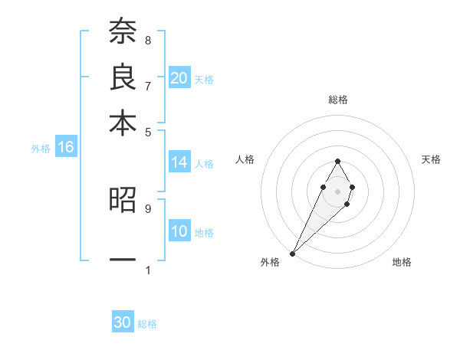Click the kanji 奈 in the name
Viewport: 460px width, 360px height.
123,33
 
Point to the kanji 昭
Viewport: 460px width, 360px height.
123,201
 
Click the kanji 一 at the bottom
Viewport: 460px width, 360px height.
123,260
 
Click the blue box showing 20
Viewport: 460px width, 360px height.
179,78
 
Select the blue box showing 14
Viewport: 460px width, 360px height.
179,162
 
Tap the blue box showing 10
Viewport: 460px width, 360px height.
179,231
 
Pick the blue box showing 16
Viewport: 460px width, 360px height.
65,148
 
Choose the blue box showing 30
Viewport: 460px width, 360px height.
123,323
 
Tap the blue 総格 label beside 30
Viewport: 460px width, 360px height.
147,324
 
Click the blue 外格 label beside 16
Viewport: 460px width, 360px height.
41,149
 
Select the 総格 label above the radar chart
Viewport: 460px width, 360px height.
337,100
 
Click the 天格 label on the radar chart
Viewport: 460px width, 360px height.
431,159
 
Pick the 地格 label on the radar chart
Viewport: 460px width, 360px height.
402,262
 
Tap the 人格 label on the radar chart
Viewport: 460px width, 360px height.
245,159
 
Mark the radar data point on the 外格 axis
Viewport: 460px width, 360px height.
292,253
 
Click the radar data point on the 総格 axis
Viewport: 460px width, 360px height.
337,161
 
